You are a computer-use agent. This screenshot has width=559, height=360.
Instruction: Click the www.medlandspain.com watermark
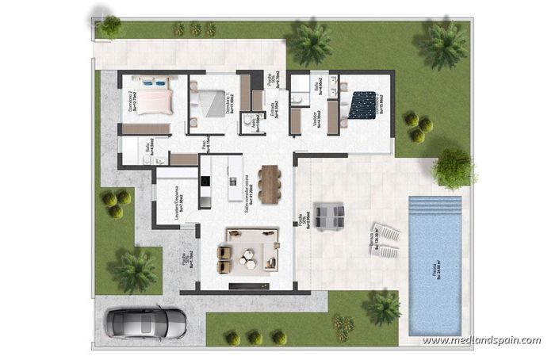(481, 341)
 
